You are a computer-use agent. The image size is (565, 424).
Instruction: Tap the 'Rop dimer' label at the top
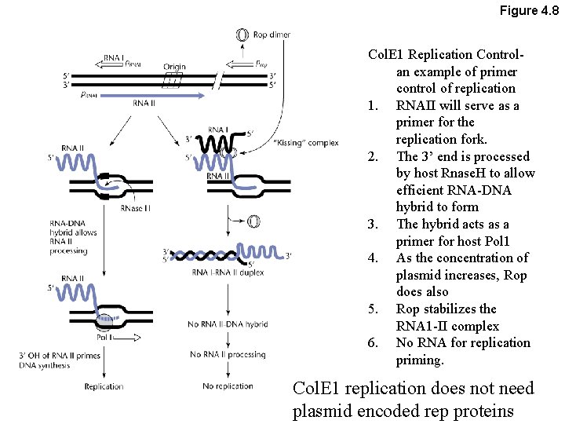[x=272, y=35]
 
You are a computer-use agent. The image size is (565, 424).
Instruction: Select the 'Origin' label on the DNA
[x=174, y=67]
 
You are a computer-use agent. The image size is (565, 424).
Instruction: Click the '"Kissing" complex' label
[x=307, y=143]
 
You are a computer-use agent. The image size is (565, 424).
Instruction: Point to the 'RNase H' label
[x=136, y=208]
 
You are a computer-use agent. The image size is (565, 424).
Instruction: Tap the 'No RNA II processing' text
[x=228, y=355]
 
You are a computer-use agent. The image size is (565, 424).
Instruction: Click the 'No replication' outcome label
[x=228, y=386]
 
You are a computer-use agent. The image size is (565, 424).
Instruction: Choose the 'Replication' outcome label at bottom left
[x=104, y=386]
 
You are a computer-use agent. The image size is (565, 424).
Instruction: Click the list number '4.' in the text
[x=374, y=258]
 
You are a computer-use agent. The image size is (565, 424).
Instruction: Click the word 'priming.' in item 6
[x=420, y=360]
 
